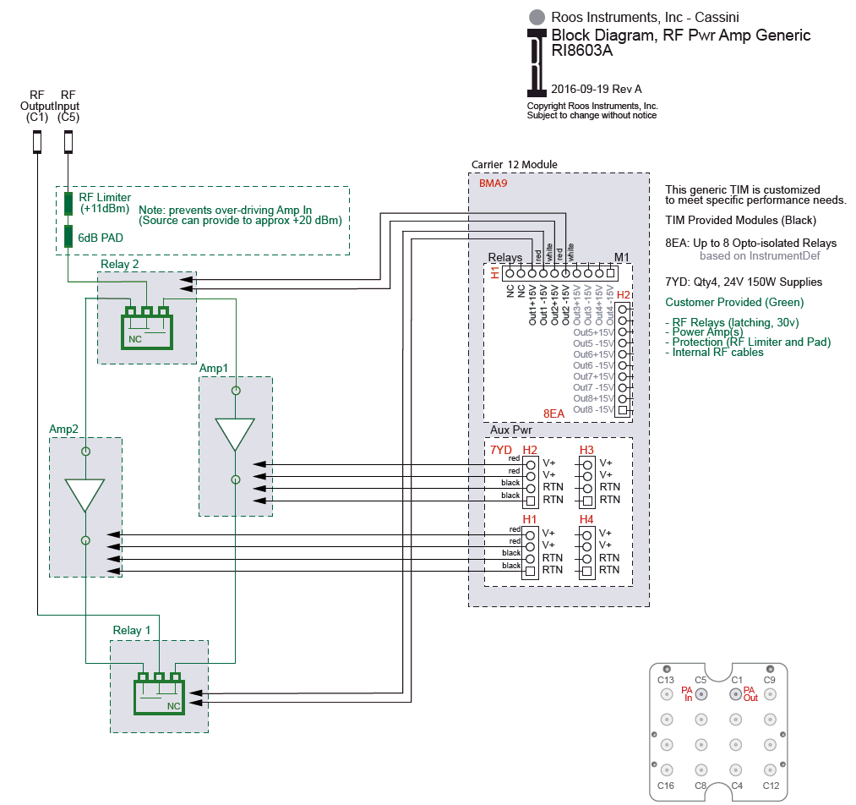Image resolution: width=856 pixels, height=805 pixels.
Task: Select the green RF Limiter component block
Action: (68, 203)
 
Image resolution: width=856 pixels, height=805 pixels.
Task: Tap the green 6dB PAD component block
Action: (68, 237)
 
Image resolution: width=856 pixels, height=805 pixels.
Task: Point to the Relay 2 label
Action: (119, 264)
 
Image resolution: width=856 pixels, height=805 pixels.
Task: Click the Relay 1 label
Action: (132, 631)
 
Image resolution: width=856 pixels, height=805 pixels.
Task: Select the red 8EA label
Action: (553, 413)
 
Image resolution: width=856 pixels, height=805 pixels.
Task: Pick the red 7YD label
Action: (501, 450)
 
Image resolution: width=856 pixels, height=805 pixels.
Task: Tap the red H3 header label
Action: (586, 450)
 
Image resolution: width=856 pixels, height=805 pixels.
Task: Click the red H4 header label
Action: (586, 519)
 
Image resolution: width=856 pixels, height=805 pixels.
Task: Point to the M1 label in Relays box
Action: (622, 257)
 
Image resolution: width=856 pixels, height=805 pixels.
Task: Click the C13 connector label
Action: (666, 680)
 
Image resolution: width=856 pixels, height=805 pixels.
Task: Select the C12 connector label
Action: (770, 786)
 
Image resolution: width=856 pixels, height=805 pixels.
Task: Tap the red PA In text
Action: (687, 693)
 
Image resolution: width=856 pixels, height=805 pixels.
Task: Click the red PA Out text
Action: (750, 693)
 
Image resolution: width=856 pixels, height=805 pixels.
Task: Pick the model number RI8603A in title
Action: (581, 50)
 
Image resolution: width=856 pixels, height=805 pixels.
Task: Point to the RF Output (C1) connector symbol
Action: (36, 141)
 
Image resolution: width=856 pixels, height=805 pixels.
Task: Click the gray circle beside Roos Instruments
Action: (536, 16)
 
